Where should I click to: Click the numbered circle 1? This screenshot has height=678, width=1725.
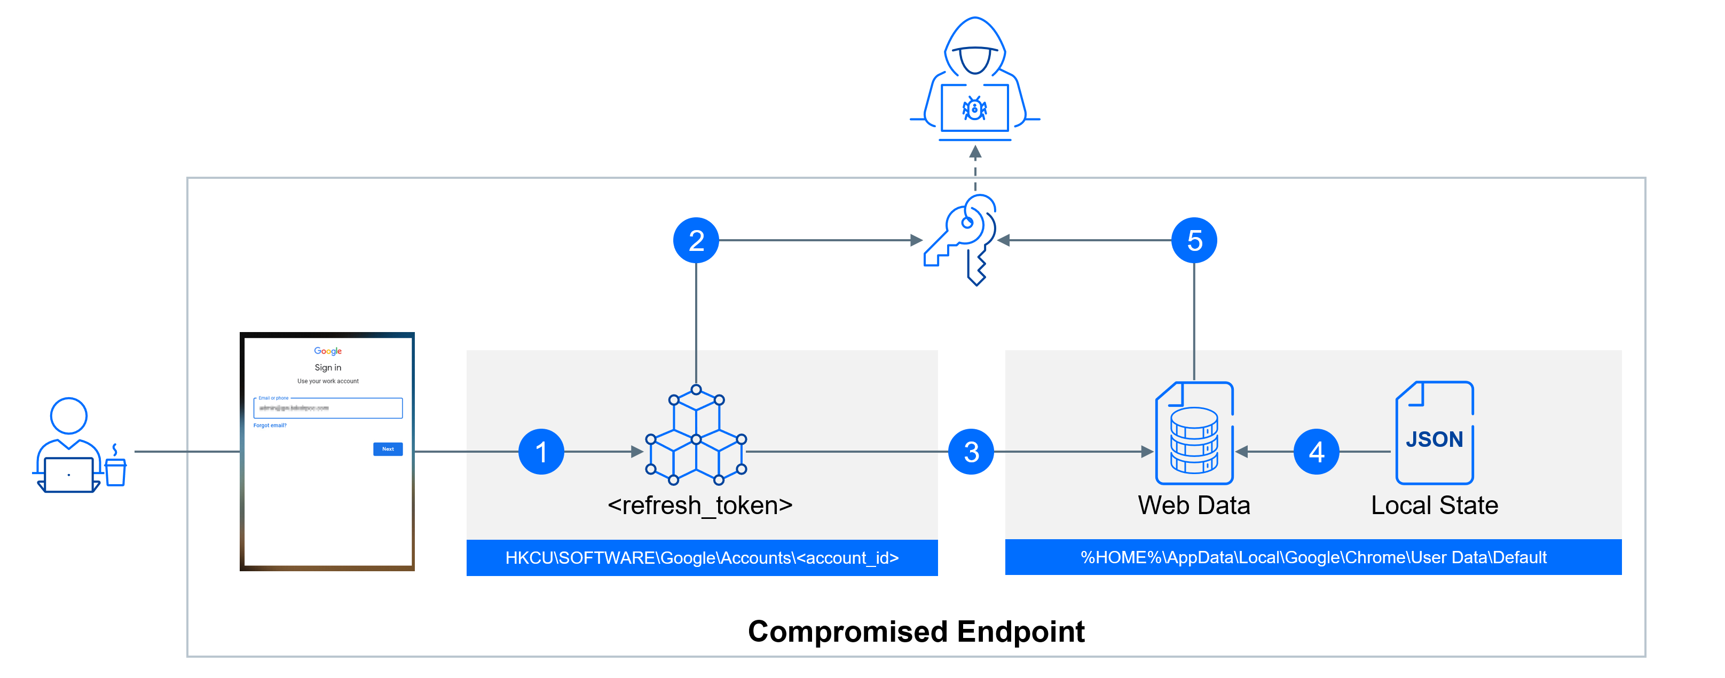point(541,452)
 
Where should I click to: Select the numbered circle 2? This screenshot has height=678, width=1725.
point(696,240)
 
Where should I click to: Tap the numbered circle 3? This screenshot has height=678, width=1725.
point(971,452)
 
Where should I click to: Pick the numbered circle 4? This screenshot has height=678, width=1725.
point(1316,452)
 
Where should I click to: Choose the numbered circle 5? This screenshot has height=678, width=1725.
point(1194,240)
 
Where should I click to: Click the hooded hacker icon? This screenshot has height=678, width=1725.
point(974,77)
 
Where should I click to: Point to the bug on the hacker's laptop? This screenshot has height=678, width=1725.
point(974,108)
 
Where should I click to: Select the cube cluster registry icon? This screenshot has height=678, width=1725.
point(696,436)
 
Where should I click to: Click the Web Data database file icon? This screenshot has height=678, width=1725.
point(1194,433)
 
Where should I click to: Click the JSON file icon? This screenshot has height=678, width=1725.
point(1435,433)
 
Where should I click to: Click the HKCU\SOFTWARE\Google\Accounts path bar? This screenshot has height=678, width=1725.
point(702,557)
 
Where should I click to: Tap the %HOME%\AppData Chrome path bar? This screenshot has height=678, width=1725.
point(1313,557)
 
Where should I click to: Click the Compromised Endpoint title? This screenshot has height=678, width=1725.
point(916,631)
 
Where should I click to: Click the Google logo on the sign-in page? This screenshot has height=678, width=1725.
point(327,351)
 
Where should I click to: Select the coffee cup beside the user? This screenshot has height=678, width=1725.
point(116,469)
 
